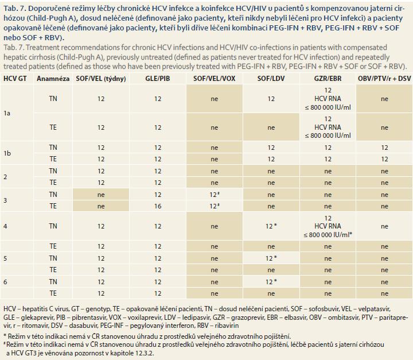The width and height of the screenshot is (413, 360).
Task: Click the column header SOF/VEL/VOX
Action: tap(214, 79)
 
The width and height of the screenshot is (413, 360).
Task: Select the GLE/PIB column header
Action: tap(158, 79)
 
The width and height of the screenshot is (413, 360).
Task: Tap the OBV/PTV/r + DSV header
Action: tap(384, 79)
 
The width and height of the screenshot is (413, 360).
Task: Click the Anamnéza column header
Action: tap(53, 79)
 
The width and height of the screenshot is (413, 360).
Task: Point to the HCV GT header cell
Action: tap(15, 79)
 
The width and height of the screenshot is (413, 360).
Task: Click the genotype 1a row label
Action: tap(7, 114)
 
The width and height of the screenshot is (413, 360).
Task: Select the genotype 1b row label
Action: tap(7, 153)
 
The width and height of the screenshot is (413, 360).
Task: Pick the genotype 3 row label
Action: tap(5, 200)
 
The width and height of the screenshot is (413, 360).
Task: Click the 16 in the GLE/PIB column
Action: tap(158, 206)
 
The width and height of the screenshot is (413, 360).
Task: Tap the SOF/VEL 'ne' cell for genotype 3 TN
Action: tap(101, 195)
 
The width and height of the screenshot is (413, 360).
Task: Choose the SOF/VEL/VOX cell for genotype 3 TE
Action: tap(215, 206)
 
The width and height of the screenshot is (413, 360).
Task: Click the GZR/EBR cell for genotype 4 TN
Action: tap(328, 226)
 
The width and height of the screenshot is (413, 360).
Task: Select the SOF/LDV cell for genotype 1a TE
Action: tap(271, 127)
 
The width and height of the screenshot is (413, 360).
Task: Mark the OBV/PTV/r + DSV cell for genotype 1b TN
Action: tap(384, 148)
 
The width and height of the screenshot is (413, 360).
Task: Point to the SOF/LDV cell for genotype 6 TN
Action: tap(271, 282)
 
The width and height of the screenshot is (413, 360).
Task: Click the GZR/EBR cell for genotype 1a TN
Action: tap(328, 99)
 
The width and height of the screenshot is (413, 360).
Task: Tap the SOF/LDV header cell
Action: tap(271, 79)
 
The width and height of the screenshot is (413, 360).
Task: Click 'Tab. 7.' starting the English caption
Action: tap(14, 48)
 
